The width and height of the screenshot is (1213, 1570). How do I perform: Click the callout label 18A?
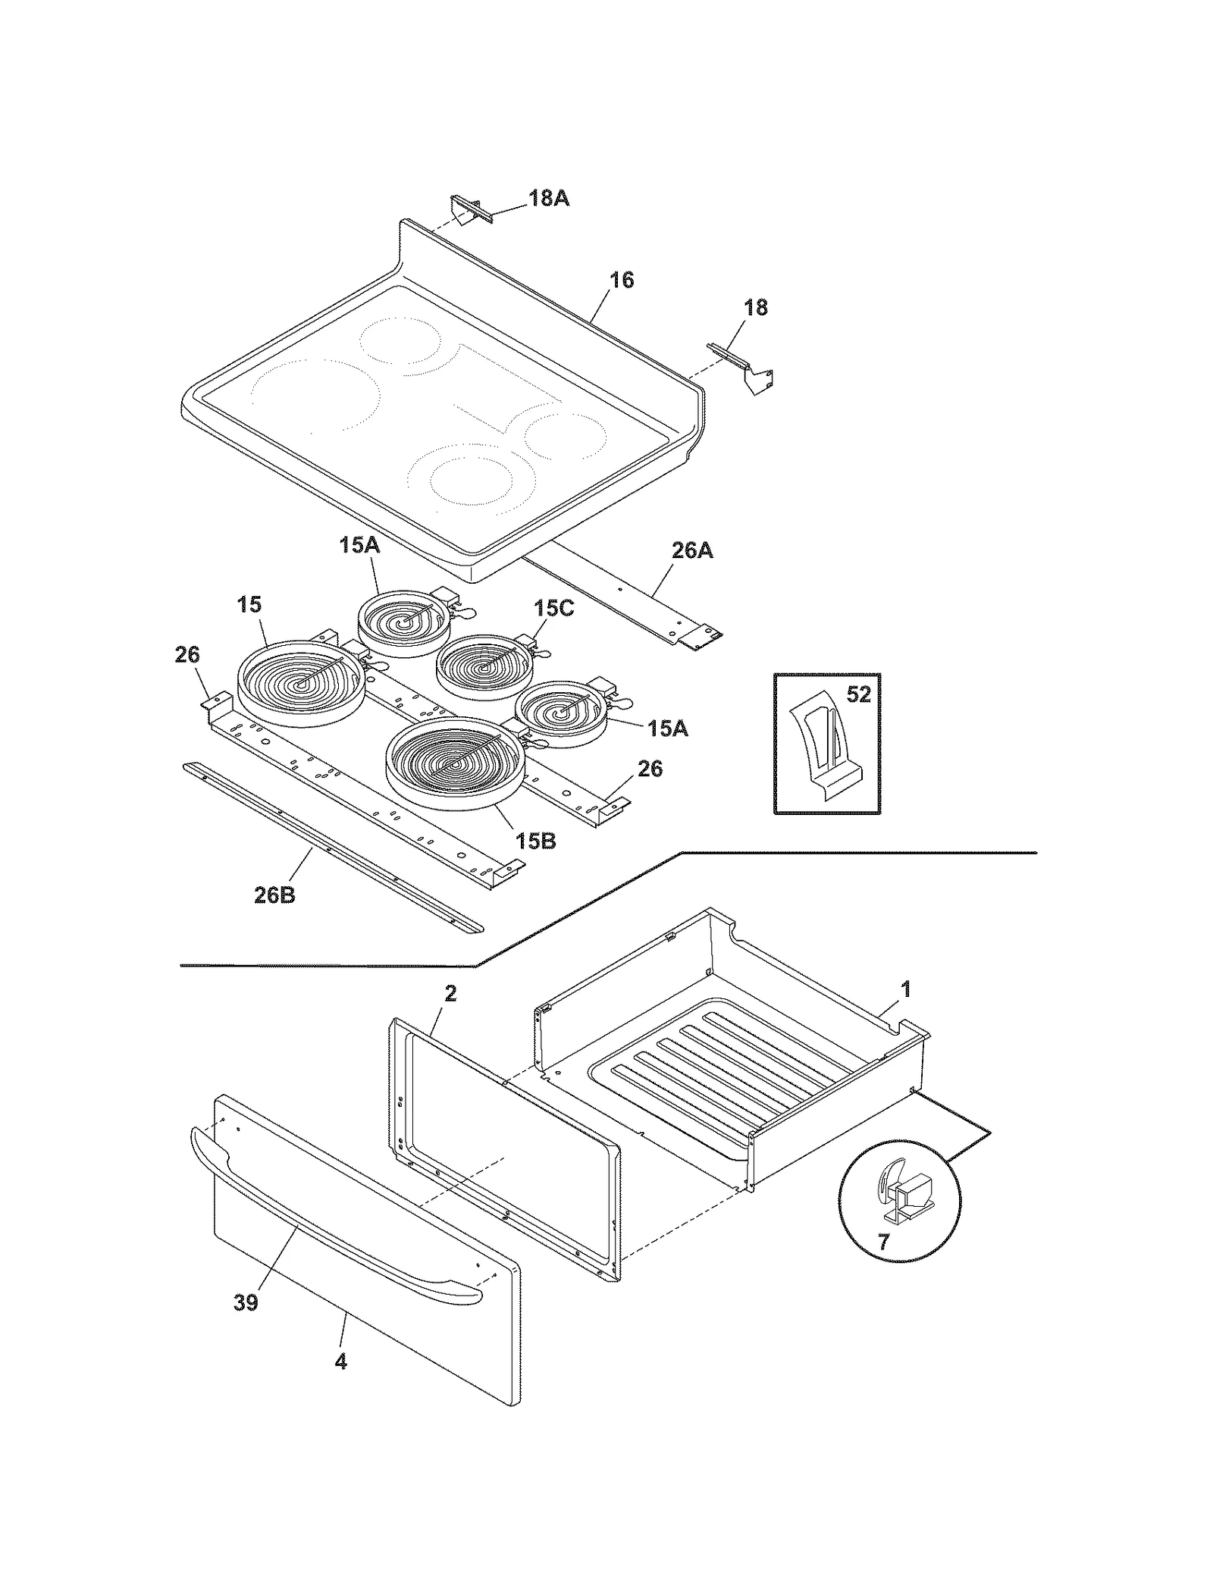pos(548,199)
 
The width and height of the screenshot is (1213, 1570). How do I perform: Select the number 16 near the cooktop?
pos(621,280)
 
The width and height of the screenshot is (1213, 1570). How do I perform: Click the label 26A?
pos(691,551)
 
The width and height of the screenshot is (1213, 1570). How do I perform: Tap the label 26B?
pos(274,895)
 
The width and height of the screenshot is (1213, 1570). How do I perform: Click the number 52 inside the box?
pos(858,694)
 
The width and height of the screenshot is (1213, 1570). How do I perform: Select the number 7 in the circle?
pos(883,1242)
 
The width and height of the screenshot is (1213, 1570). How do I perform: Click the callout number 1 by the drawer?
pos(905,989)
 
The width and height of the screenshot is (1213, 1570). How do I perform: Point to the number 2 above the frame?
pos(450,993)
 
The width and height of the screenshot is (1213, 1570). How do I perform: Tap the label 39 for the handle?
pos(246,1302)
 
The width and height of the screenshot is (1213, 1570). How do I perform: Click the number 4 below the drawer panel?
pos(340,1362)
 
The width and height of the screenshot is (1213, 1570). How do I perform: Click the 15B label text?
pos(535,841)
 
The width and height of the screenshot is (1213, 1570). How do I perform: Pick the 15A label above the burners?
pos(359,545)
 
